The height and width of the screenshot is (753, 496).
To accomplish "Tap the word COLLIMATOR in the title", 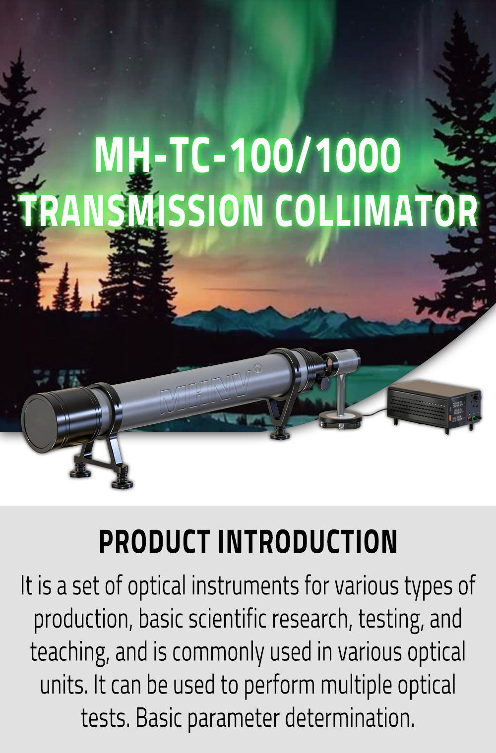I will [376, 211].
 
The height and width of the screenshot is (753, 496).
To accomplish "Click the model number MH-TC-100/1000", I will [248, 156].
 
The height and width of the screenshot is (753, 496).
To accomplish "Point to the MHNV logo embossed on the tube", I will [206, 392].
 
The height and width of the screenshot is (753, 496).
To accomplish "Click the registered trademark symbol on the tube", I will [257, 368].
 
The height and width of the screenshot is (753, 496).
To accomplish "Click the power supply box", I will [434, 406].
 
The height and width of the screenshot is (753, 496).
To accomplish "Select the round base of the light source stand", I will [340, 420].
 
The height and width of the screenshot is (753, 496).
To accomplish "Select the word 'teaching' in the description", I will [68, 652].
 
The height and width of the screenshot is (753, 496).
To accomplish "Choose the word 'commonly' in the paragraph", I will [218, 652].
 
